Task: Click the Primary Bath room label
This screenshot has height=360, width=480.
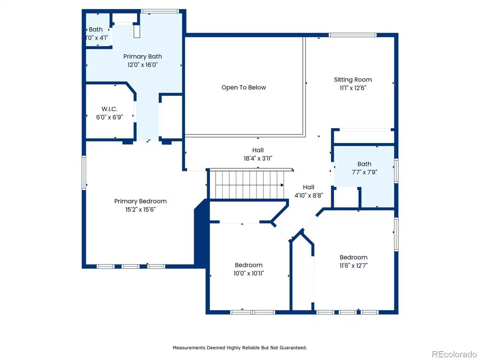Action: pyautogui.click(x=142, y=57)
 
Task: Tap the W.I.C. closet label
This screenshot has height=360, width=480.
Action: pyautogui.click(x=109, y=109)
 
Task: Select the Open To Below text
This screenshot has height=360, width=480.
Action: pyautogui.click(x=244, y=88)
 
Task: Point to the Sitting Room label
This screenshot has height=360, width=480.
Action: pyautogui.click(x=352, y=80)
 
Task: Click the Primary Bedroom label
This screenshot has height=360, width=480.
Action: pyautogui.click(x=140, y=201)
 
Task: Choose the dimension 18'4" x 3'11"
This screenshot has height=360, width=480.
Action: pyautogui.click(x=258, y=158)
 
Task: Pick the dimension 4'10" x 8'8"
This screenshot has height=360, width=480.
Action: pyautogui.click(x=308, y=195)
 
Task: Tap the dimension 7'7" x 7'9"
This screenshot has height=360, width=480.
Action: pyautogui.click(x=364, y=172)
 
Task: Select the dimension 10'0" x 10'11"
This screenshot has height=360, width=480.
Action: pyautogui.click(x=248, y=273)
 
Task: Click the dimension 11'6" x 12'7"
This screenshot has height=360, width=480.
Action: pyautogui.click(x=353, y=265)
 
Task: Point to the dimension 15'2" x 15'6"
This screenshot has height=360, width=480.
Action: pyautogui.click(x=140, y=210)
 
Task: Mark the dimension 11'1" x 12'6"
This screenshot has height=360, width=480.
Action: pyautogui.click(x=352, y=88)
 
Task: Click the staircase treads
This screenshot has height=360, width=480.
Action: pyautogui.click(x=249, y=185)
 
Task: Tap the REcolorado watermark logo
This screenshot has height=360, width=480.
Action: pyautogui.click(x=454, y=354)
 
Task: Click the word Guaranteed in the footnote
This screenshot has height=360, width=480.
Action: pyautogui.click(x=293, y=348)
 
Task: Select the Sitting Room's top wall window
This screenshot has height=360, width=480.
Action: pyautogui.click(x=352, y=35)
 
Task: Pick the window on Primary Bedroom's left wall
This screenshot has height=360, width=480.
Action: pyautogui.click(x=84, y=172)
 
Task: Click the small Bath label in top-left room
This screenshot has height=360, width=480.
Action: pyautogui.click(x=96, y=30)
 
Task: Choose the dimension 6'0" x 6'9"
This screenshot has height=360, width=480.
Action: pyautogui.click(x=109, y=117)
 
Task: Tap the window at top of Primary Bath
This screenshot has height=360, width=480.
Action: pyautogui.click(x=160, y=11)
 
